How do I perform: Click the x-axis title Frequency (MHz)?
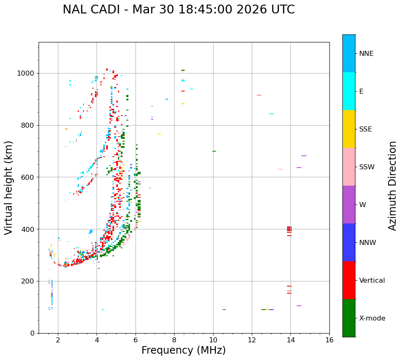point(183,350)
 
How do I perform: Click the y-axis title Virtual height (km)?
point(9,188)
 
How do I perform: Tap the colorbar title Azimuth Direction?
point(392,186)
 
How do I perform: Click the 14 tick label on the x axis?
point(290,340)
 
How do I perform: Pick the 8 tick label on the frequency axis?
point(174,340)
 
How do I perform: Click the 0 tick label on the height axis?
point(32,333)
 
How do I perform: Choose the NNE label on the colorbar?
point(366,54)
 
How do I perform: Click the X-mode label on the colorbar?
point(372,318)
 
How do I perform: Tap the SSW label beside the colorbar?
point(367,167)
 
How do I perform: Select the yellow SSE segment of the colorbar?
point(349,129)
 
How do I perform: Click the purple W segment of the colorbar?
point(349,205)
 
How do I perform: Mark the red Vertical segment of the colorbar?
point(349,280)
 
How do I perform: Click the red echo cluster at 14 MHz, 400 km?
point(289,229)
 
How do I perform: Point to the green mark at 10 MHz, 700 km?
point(214,151)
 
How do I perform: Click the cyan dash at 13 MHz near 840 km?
point(271,114)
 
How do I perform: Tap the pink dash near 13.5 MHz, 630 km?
point(280,169)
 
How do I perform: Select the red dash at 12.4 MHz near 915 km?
point(259,95)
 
